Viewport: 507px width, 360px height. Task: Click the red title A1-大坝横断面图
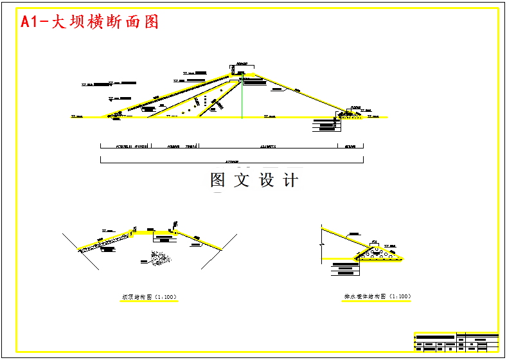click(90, 22)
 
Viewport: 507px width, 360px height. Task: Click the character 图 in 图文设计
click(218, 181)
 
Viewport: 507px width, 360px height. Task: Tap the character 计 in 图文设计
click(290, 181)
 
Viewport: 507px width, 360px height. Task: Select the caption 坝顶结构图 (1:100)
click(149, 297)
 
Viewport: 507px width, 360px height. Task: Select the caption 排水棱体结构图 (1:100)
click(377, 297)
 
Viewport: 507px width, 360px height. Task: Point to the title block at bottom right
click(456, 341)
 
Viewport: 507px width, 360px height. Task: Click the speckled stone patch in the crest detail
click(156, 257)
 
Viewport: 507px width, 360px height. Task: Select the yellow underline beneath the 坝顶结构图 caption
click(149, 301)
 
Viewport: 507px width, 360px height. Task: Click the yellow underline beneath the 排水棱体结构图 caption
click(377, 301)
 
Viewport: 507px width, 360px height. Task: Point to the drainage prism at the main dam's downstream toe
click(349, 114)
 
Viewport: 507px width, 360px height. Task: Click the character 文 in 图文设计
click(242, 181)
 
